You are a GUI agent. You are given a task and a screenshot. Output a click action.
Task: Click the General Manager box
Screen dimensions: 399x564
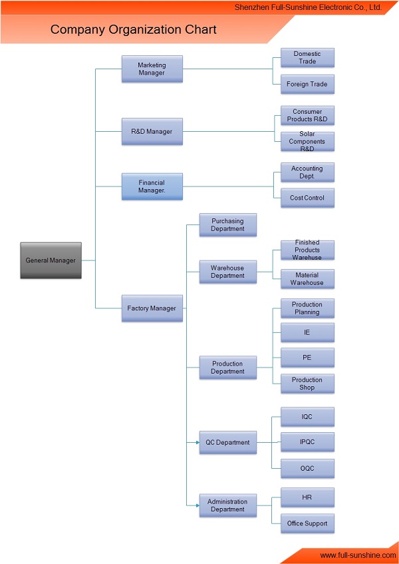point(51,260)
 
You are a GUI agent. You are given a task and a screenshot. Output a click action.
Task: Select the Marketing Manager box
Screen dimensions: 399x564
point(152,69)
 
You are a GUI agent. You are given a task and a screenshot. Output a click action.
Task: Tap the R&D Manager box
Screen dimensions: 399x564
point(152,131)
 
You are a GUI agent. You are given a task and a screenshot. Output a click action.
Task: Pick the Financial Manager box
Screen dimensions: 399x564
point(152,186)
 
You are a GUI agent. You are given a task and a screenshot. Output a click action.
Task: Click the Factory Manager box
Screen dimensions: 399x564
point(152,308)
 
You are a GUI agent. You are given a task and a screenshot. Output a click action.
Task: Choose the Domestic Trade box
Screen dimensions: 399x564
point(307,57)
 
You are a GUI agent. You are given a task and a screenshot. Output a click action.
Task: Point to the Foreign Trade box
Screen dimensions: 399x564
point(307,84)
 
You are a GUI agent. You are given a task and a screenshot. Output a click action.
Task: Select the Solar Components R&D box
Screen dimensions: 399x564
point(307,141)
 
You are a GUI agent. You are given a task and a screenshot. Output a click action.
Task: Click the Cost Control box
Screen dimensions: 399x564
point(307,198)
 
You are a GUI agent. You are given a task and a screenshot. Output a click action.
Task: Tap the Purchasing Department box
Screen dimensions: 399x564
point(228,225)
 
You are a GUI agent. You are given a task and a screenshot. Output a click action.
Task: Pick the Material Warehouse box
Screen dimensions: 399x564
point(307,279)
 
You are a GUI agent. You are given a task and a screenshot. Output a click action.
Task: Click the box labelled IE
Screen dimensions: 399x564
point(307,332)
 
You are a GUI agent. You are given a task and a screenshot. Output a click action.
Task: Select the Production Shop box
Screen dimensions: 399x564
point(307,384)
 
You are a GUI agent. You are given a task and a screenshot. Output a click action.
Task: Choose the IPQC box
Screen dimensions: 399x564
point(307,442)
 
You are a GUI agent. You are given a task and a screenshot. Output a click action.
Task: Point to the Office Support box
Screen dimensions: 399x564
point(307,523)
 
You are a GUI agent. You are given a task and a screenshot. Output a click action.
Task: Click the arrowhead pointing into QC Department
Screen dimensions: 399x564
point(198,442)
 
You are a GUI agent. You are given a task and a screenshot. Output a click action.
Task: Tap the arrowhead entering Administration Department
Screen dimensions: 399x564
point(198,505)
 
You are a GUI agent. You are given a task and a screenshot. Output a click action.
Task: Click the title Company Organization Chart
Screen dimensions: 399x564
point(133,29)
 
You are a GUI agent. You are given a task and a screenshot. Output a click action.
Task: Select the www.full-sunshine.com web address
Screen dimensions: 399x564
point(358,555)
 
